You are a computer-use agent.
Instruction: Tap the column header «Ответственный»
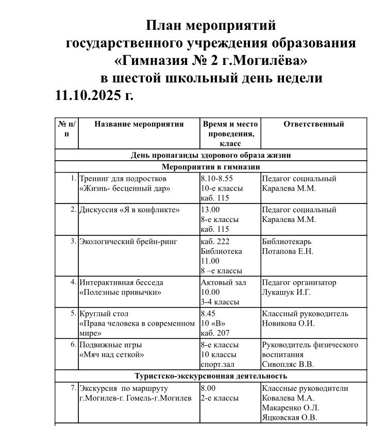(x=313, y=124)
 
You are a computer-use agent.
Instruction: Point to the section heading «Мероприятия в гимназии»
(x=211, y=167)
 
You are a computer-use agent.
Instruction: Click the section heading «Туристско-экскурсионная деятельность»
(x=211, y=377)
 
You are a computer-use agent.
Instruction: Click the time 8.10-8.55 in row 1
(x=218, y=179)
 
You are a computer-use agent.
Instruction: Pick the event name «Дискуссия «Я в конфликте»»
(x=129, y=210)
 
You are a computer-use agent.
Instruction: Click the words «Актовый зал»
(x=224, y=282)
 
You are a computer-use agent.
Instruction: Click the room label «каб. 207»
(x=215, y=333)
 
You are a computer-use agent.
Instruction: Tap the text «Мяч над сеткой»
(x=111, y=354)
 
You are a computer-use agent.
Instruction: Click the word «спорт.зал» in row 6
(x=218, y=365)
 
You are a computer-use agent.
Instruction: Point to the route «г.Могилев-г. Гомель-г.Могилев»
(x=135, y=398)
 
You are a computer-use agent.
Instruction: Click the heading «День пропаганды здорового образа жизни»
(x=211, y=155)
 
